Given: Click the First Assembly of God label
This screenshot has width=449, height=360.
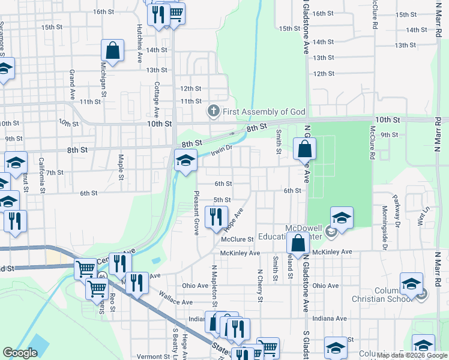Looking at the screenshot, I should (264, 112).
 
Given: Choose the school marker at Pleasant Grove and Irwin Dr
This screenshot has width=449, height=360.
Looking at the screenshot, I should (185, 160).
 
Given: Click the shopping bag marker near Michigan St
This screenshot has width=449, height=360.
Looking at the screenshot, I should (112, 51).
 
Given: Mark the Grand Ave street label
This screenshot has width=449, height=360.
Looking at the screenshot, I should (72, 84).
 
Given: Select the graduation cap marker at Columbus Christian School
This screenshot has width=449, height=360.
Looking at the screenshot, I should (411, 283).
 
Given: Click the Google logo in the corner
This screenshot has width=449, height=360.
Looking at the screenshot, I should (20, 353).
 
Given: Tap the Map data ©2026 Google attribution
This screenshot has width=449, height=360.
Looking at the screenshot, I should (412, 355).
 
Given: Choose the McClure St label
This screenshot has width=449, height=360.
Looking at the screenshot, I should (238, 239).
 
